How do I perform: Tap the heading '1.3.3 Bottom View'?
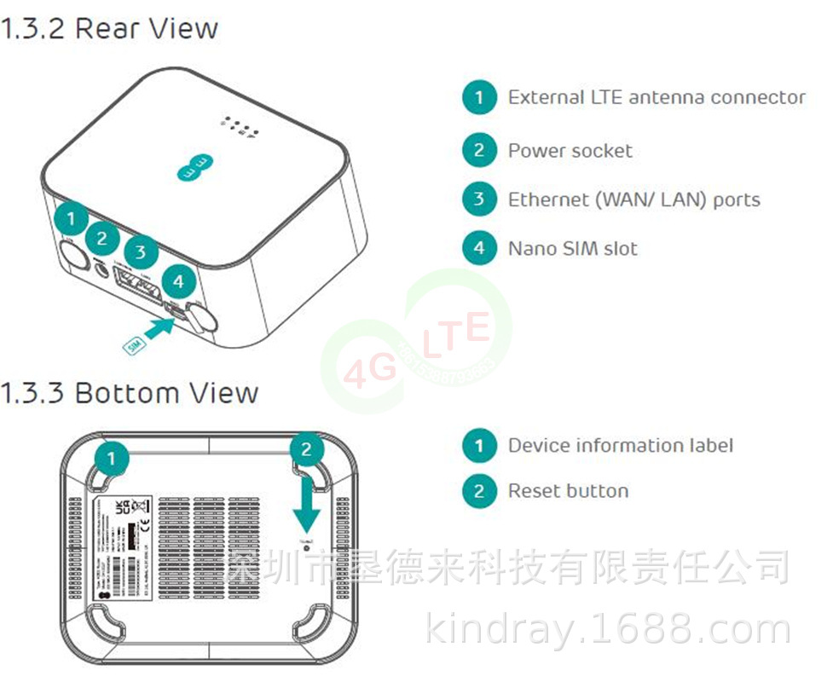[x=129, y=393]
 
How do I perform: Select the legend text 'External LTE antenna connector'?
[x=656, y=97]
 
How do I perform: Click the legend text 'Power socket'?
[x=570, y=151]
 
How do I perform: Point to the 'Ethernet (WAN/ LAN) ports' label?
[x=633, y=199]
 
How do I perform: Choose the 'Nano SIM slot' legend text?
[x=572, y=248]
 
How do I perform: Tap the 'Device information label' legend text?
[x=620, y=445]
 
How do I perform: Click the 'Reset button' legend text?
[x=568, y=491]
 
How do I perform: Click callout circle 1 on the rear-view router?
[x=71, y=219]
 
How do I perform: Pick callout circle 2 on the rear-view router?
[x=102, y=239]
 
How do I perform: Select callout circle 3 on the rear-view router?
[x=141, y=252]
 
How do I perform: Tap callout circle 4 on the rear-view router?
[x=177, y=281]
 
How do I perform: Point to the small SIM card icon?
[x=133, y=346]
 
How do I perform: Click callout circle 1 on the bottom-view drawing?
[x=112, y=459]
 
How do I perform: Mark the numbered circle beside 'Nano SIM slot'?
[x=479, y=248]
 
